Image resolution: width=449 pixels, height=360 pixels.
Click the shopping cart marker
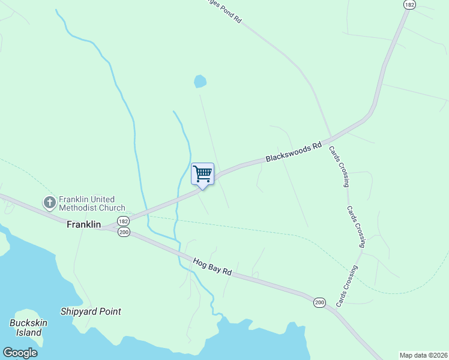pyautogui.click(x=202, y=175)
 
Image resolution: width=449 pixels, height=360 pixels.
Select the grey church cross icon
pyautogui.click(x=50, y=203)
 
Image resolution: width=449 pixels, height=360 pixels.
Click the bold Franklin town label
pyautogui.click(x=83, y=224)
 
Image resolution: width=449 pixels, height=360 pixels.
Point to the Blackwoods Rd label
pyautogui.click(x=294, y=153)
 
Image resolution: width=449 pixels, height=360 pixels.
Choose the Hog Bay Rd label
pyautogui.click(x=212, y=267)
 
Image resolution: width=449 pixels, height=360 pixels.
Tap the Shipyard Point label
pyautogui.click(x=91, y=311)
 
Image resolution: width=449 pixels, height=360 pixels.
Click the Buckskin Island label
pyautogui.click(x=25, y=328)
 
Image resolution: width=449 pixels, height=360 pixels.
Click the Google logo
pyautogui.click(x=20, y=352)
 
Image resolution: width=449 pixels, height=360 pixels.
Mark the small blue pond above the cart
pyautogui.click(x=200, y=81)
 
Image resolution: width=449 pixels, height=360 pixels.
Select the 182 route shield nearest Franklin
pyautogui.click(x=122, y=221)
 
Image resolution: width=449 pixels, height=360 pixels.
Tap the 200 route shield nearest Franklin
pyautogui.click(x=124, y=232)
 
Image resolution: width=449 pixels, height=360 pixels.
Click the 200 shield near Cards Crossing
pyautogui.click(x=319, y=303)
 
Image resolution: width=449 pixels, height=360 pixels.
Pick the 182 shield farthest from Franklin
pyautogui.click(x=409, y=4)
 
